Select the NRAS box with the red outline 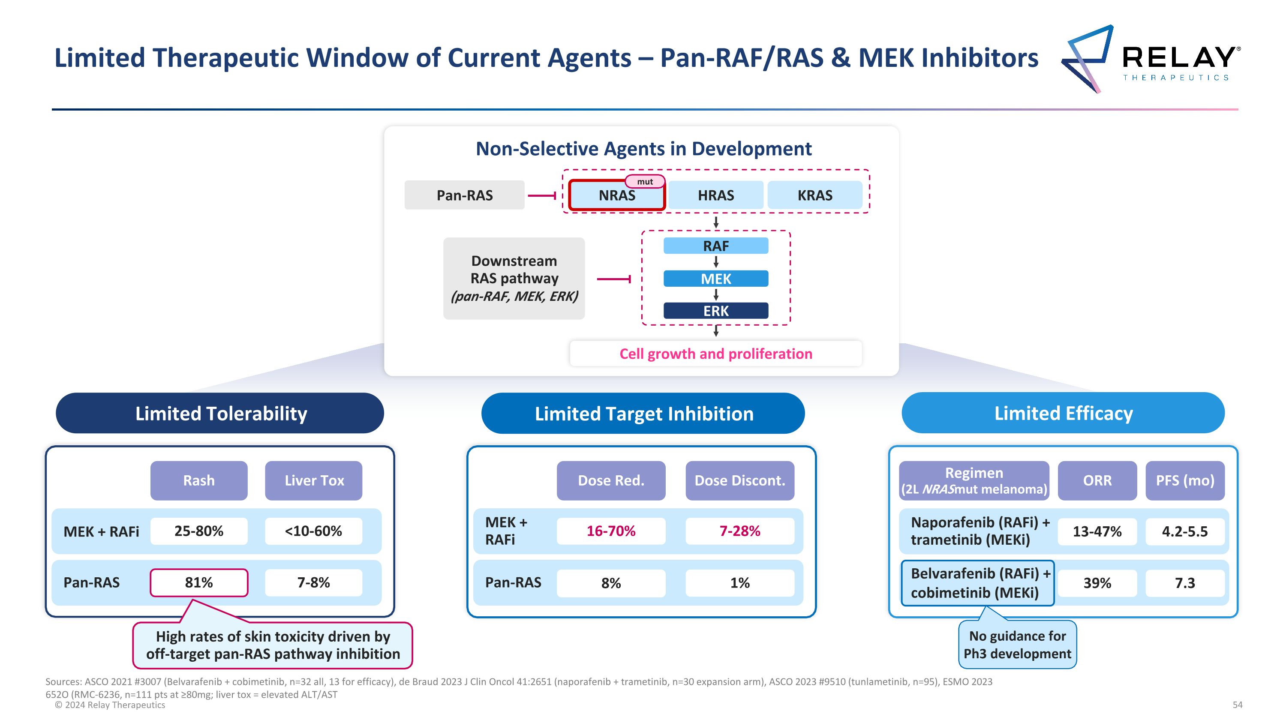click(616, 195)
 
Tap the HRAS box click(715, 195)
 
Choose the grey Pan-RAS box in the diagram click(464, 195)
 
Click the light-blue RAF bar click(715, 246)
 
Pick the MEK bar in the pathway click(715, 279)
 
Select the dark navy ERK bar click(715, 311)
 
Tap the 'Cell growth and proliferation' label click(715, 354)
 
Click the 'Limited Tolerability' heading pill click(220, 413)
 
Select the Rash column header click(199, 480)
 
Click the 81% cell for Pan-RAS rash click(199, 582)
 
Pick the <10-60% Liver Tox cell click(313, 531)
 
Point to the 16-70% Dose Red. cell click(610, 531)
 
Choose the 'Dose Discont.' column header click(739, 480)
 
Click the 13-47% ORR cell click(1097, 531)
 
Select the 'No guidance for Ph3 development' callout click(1017, 645)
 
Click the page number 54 click(1237, 705)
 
